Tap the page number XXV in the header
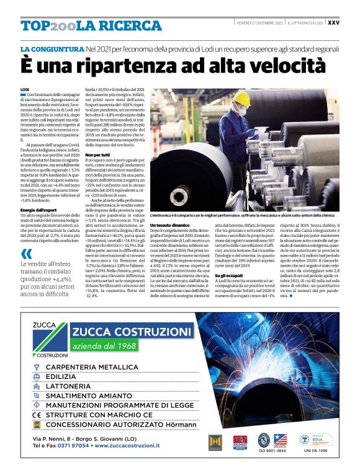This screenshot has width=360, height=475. [x=333, y=23]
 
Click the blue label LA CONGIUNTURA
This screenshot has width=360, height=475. [x=52, y=48]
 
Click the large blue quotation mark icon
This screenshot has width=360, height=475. [x=26, y=254]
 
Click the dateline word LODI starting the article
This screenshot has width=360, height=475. [x=25, y=89]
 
